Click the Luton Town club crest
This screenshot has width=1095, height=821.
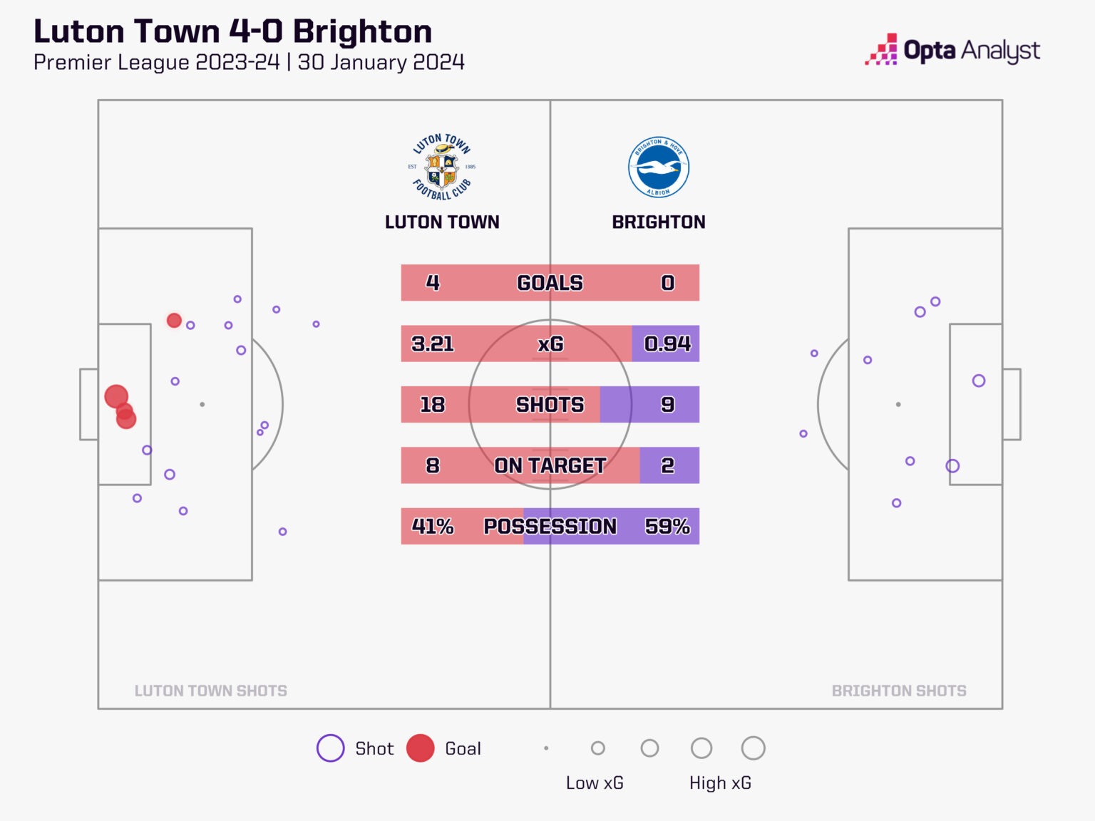(442, 167)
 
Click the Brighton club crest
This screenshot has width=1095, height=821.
(659, 167)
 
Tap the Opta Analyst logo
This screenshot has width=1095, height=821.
(952, 51)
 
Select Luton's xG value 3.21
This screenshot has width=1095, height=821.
(433, 344)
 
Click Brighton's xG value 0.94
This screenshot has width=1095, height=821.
(667, 344)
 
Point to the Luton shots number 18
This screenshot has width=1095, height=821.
(433, 405)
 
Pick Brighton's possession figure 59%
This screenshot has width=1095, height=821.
(667, 526)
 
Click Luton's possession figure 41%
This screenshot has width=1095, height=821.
(433, 526)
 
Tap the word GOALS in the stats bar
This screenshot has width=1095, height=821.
(550, 283)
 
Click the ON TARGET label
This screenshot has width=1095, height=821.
(550, 465)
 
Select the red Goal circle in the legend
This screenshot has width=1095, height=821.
(421, 748)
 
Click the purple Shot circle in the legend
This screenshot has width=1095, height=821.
(331, 748)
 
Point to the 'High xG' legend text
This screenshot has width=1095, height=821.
(720, 783)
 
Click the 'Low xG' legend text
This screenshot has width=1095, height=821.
(595, 783)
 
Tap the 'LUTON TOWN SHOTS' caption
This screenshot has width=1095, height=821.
(211, 691)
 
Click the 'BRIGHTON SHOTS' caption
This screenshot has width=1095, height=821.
(899, 691)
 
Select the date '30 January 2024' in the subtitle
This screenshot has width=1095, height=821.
(381, 63)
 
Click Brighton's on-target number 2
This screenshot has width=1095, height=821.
(667, 465)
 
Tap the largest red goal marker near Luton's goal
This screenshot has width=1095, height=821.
(116, 396)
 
